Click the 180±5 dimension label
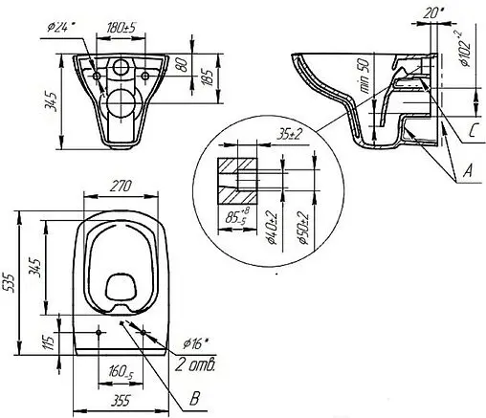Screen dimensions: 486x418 pyautogui.click(x=121, y=28)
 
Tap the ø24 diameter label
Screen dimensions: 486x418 pyautogui.click(x=60, y=27)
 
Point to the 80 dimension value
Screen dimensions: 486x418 pyautogui.click(x=184, y=65)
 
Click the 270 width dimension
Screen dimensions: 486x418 pyautogui.click(x=121, y=187)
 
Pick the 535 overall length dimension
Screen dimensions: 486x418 pyautogui.click(x=9, y=283)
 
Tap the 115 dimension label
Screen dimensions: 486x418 pyautogui.click(x=49, y=342)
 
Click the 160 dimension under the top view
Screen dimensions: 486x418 pyautogui.click(x=121, y=372)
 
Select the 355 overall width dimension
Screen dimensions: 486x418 pyautogui.click(x=121, y=401)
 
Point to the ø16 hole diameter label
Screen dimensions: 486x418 pyautogui.click(x=195, y=343)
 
